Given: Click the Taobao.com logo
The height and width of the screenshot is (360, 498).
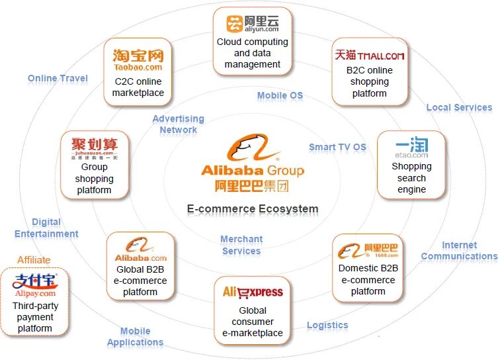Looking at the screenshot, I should pyautogui.click(x=138, y=60).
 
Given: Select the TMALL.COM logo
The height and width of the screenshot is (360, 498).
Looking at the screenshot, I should pyautogui.click(x=369, y=55).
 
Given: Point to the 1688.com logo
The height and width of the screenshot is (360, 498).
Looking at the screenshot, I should pyautogui.click(x=368, y=250).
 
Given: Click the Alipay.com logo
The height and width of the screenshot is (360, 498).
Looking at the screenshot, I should pyautogui.click(x=34, y=284).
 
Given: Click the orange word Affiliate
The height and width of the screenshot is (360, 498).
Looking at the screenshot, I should pyautogui.click(x=34, y=259).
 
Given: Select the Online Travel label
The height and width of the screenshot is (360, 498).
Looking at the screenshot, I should pyautogui.click(x=58, y=78).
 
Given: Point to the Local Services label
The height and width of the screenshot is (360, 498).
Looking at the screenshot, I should pyautogui.click(x=459, y=107).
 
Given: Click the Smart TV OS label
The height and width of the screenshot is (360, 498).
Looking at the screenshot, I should pyautogui.click(x=337, y=147).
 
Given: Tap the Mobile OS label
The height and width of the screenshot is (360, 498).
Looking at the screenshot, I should pyautogui.click(x=280, y=95).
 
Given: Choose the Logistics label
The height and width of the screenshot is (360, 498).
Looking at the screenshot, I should pyautogui.click(x=327, y=325).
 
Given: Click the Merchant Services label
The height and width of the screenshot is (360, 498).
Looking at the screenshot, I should pyautogui.click(x=241, y=245).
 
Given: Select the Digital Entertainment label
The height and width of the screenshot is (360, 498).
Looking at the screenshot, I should pyautogui.click(x=46, y=228).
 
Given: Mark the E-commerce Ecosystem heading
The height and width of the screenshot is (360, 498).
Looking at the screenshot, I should pyautogui.click(x=252, y=209).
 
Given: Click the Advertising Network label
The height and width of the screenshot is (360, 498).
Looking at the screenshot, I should pyautogui.click(x=178, y=124).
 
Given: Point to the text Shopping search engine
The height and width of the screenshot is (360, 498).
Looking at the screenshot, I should pyautogui.click(x=411, y=178).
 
